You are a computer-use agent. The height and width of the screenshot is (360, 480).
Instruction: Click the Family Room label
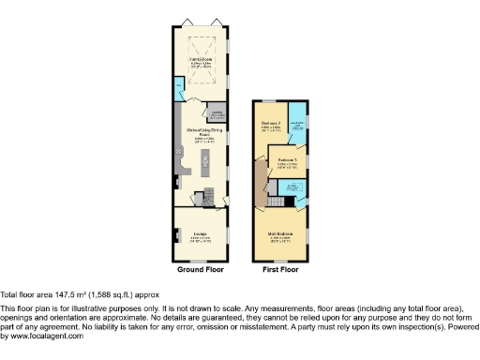(200, 63)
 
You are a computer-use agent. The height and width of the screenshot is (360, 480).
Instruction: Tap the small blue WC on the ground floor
(179, 90)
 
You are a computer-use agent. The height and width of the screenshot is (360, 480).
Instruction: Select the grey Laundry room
(217, 115)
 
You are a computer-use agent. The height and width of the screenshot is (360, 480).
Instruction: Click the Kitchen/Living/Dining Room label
(200, 133)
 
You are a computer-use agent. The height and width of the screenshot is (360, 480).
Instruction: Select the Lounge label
(200, 233)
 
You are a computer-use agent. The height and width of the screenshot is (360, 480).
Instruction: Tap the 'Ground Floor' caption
(200, 269)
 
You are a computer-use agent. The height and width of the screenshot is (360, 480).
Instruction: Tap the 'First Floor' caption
(280, 269)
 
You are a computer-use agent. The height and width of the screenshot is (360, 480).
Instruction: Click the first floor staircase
(277, 202)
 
